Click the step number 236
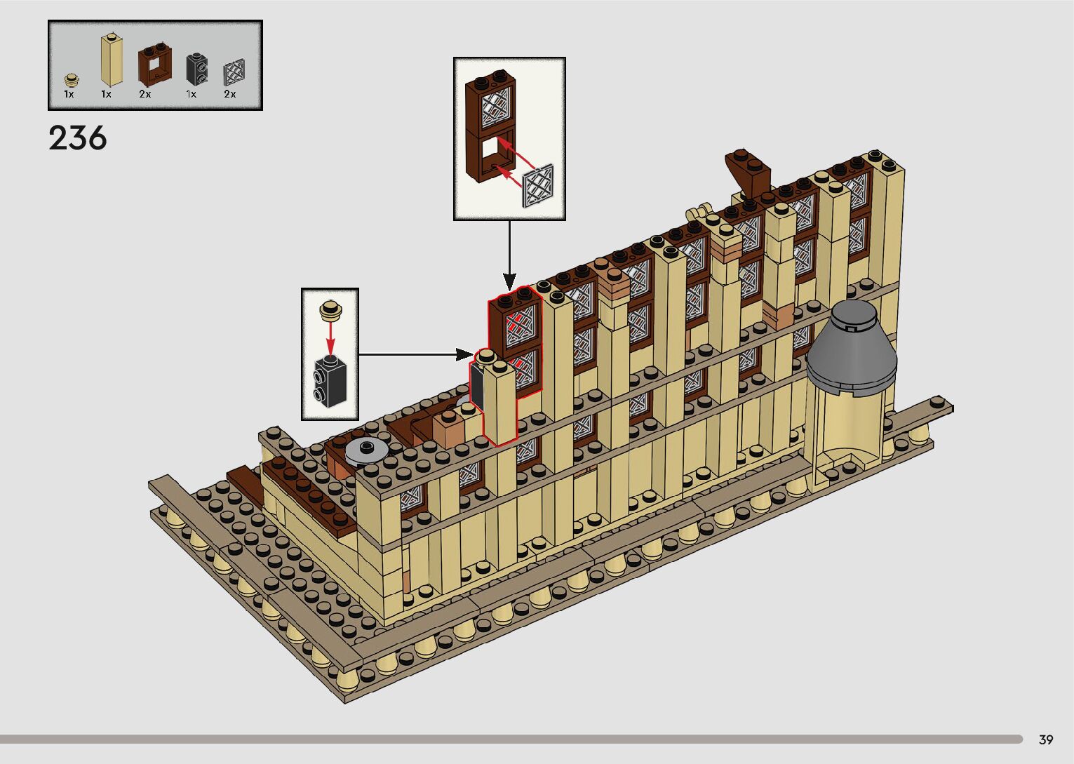click(78, 139)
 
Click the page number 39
click(1046, 739)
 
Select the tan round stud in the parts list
click(72, 80)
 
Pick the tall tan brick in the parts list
click(112, 60)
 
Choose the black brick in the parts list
click(196, 69)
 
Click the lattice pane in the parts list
click(234, 72)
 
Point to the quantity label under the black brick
click(192, 95)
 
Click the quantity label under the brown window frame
click(145, 95)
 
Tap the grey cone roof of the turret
click(851, 349)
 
